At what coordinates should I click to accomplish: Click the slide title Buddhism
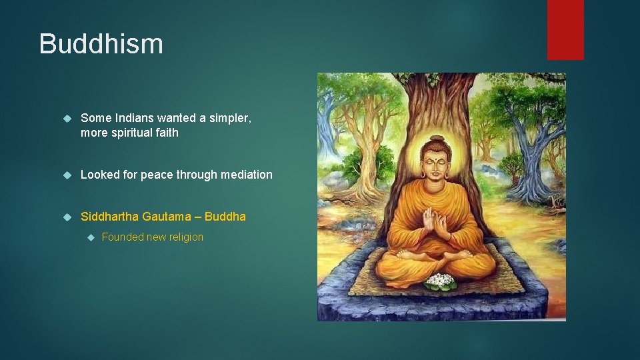coord(101,44)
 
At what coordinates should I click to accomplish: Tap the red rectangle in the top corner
coord(565,29)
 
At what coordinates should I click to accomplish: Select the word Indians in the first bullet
coord(136,118)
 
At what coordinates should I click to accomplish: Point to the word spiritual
coord(132,133)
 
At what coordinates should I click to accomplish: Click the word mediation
coord(247,175)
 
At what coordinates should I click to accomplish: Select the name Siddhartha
coord(109,217)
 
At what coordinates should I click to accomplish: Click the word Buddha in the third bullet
coord(225,217)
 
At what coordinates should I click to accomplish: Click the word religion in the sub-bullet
coord(183,237)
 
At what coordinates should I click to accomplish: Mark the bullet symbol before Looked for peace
coord(66,175)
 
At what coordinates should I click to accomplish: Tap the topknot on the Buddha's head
coord(437,139)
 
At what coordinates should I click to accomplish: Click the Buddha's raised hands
coord(434,223)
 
